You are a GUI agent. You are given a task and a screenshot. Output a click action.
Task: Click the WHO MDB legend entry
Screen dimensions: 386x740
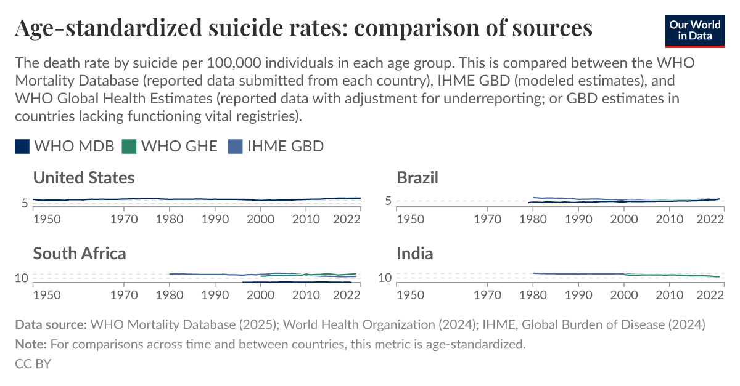65,146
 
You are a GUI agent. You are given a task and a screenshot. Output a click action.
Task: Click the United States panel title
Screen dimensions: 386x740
84,178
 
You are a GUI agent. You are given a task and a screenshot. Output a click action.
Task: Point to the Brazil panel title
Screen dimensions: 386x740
417,178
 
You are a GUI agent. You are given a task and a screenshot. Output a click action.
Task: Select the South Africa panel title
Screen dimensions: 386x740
80,253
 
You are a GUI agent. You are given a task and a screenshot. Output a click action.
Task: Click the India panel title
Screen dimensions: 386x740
414,253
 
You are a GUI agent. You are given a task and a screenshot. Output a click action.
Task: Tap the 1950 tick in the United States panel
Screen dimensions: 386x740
46,218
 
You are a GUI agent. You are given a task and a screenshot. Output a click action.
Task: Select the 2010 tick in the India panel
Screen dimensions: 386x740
669,294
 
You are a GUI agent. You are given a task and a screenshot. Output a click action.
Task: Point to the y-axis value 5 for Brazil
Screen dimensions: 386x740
388,201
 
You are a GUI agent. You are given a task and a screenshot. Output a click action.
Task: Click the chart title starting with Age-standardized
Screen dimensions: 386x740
303,28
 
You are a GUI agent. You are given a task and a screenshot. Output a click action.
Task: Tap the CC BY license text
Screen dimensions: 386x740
33,364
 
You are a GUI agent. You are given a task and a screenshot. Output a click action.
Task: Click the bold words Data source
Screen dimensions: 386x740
51,324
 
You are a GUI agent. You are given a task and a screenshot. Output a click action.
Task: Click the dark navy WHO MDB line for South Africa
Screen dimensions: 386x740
296,282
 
